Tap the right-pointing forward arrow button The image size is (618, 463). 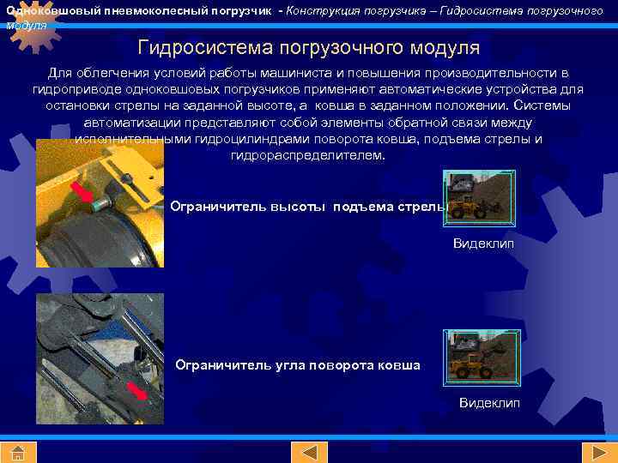point(594,452)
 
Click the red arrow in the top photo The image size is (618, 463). point(83,193)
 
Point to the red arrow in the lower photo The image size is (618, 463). point(137,392)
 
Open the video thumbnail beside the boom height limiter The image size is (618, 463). point(479,195)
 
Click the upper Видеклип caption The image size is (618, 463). point(483,244)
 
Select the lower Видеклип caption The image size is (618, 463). point(489,403)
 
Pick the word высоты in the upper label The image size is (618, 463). point(300,207)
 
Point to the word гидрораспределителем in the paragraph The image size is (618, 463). point(308,155)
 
